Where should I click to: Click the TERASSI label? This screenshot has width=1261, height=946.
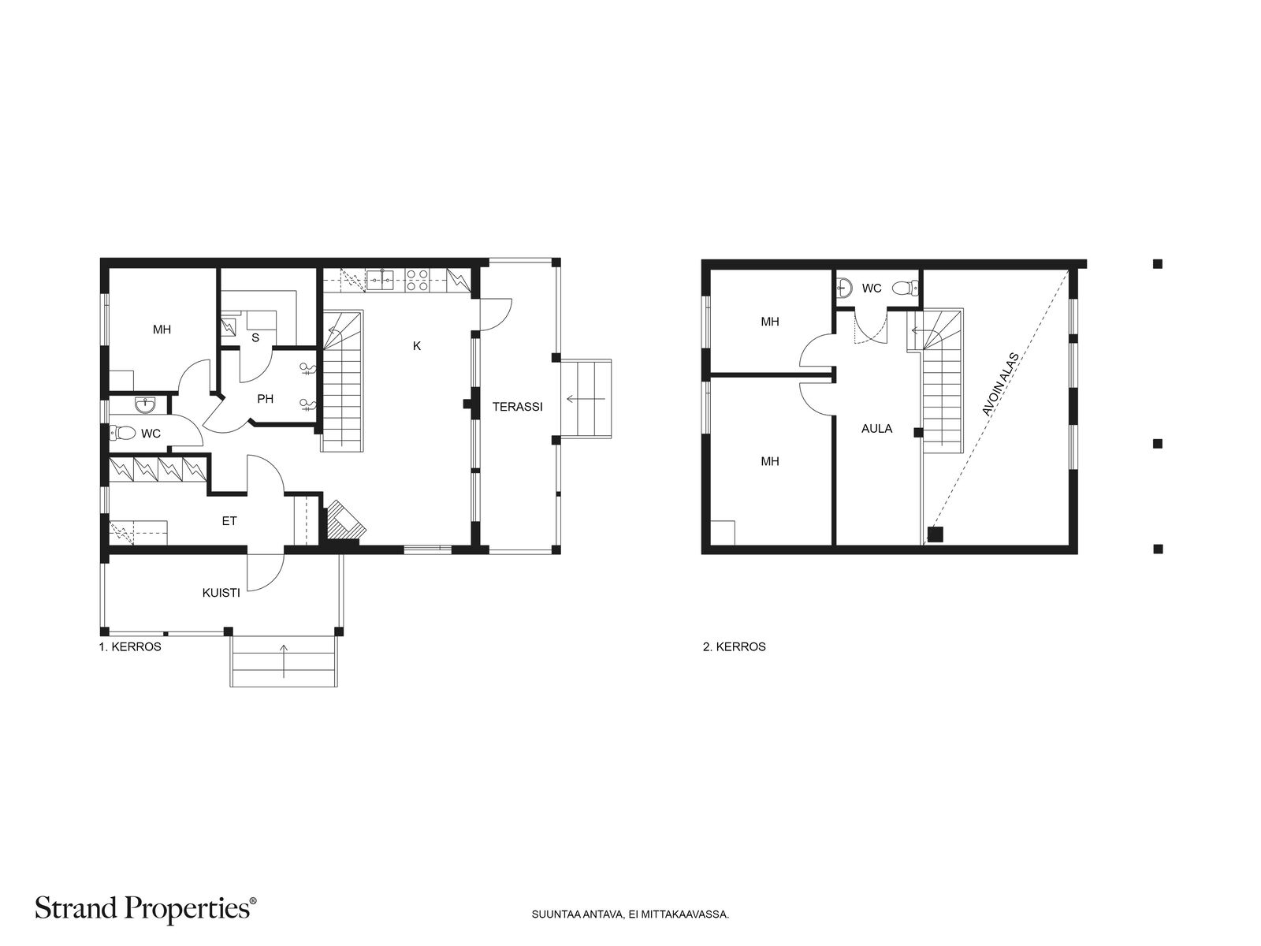click(517, 407)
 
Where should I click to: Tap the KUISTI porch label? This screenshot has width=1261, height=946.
click(221, 593)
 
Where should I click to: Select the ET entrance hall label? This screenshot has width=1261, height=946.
click(229, 521)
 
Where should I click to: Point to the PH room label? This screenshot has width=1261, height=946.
click(266, 399)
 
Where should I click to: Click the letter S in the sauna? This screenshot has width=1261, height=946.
click(255, 337)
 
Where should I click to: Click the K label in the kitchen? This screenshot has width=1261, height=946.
click(417, 346)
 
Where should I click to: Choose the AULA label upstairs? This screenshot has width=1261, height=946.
click(876, 429)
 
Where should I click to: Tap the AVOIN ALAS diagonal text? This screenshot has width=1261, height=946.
click(1001, 384)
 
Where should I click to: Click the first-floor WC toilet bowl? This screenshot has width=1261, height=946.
click(122, 432)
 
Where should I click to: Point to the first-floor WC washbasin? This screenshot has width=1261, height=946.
click(145, 405)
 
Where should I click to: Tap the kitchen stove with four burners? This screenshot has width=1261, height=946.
click(417, 280)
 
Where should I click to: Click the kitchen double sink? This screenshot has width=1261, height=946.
click(380, 280)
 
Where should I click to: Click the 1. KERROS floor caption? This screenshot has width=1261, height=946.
click(130, 647)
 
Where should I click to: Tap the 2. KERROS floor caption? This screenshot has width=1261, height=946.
click(735, 647)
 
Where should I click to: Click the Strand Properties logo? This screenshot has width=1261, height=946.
click(145, 909)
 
